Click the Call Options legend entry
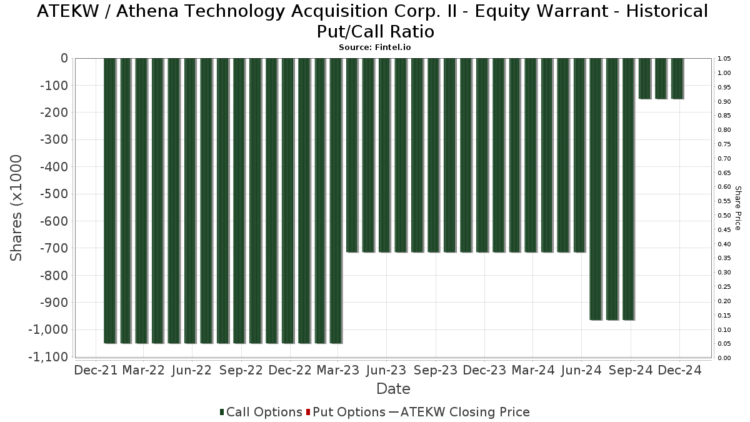pos(261,412)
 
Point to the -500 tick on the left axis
pos(54,194)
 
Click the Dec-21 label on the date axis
pos(96,370)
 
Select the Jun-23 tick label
pos(386,370)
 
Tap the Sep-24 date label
pos(631,370)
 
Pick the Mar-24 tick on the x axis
pos(533,370)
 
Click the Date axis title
pos(393,389)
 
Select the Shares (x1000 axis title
pos(17,208)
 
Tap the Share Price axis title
pos(737,208)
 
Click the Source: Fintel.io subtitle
pos(375,47)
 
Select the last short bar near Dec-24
pos(677,78)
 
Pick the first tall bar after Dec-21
pos(110,200)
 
